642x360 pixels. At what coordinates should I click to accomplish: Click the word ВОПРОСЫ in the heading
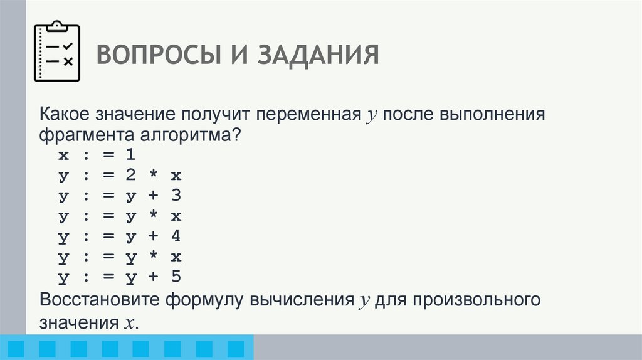(149, 55)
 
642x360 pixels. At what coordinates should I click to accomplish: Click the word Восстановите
(100, 299)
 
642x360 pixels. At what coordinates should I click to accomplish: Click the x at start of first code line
(63, 155)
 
